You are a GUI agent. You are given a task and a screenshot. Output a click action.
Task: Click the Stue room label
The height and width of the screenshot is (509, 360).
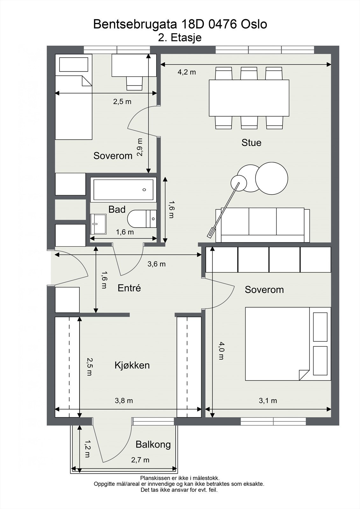251,143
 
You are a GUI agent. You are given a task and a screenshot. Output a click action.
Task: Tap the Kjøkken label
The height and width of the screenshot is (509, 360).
132,365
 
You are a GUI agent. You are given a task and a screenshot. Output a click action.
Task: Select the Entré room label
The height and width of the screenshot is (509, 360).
129,288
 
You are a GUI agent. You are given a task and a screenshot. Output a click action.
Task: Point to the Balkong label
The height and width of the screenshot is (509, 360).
153,444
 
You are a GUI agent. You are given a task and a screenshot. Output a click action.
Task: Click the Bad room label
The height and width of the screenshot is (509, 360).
117,209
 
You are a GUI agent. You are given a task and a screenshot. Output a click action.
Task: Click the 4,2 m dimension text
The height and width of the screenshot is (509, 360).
187,72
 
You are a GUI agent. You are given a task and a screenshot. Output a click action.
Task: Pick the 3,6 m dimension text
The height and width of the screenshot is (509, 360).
157,264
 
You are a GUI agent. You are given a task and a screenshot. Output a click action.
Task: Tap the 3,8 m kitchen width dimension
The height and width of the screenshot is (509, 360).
124,401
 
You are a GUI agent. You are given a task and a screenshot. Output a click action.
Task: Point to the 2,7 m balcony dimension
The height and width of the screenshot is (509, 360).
140,460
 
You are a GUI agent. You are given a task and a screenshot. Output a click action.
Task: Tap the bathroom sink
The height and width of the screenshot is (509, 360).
98,224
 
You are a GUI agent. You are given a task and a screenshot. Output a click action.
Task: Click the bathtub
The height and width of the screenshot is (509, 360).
124,190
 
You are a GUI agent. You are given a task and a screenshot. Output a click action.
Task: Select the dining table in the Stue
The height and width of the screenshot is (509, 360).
249,98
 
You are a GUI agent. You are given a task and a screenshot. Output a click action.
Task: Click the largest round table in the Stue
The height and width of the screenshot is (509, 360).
272,178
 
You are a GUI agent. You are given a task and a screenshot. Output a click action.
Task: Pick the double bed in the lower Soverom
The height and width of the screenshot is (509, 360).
288,344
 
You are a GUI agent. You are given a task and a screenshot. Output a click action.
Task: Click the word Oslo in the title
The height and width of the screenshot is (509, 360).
254,24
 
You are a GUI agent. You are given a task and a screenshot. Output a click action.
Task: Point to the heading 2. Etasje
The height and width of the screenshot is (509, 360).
180,38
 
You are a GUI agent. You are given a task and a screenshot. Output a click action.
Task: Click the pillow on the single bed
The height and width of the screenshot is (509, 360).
74,65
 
